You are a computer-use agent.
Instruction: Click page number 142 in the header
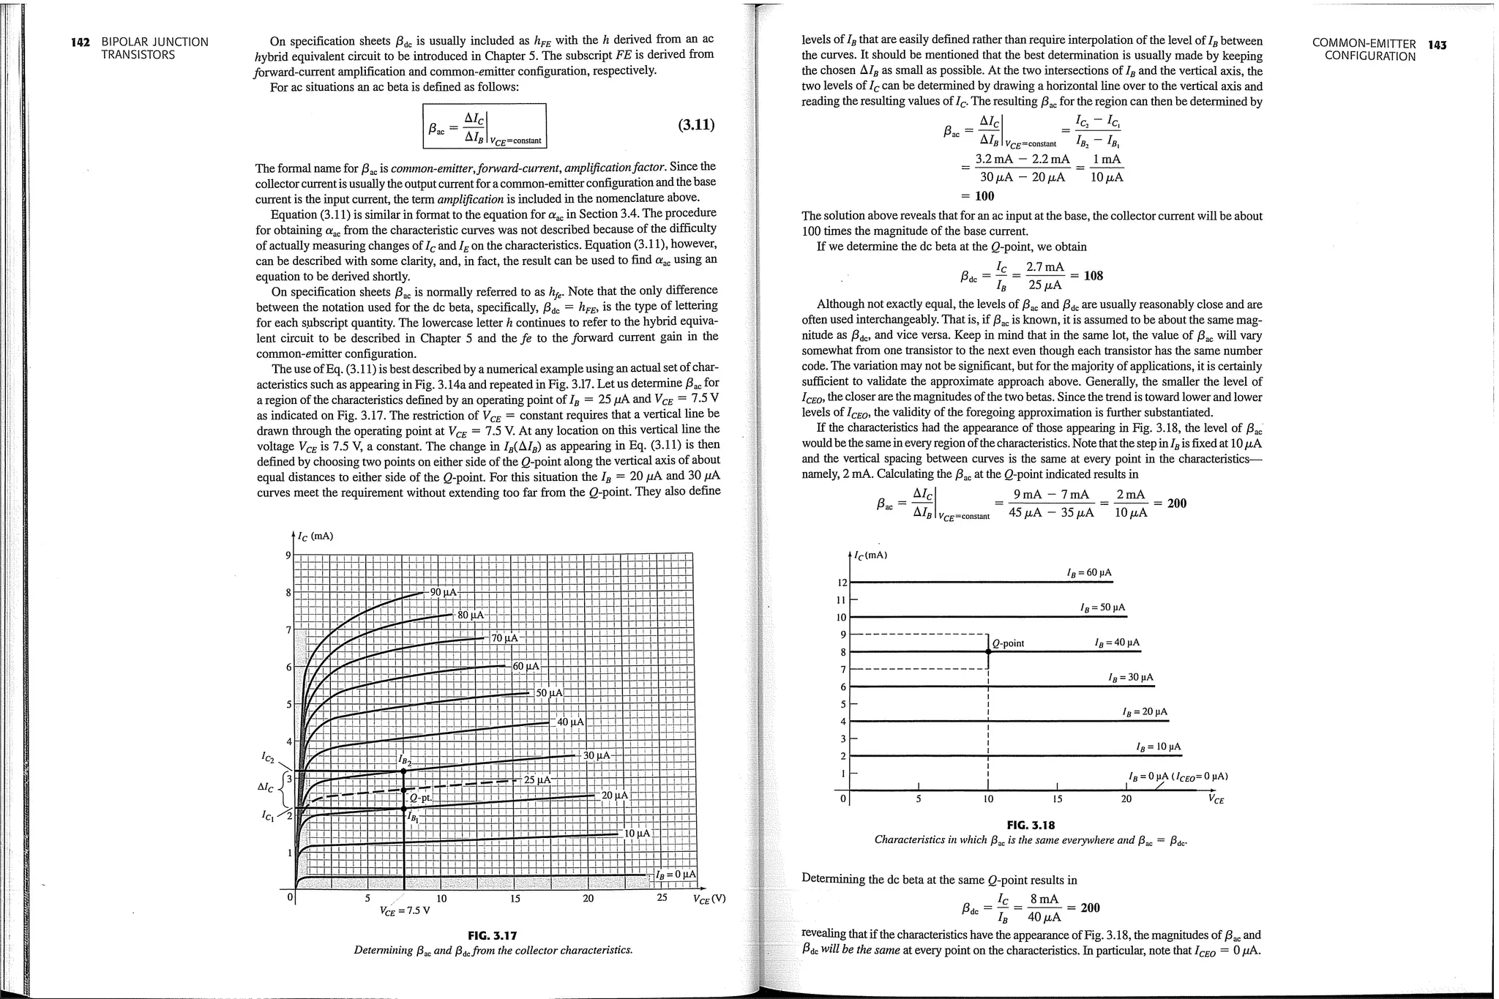click(x=80, y=42)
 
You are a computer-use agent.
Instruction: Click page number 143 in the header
click(x=1437, y=45)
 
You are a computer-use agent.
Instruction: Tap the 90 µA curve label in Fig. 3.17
click(x=444, y=592)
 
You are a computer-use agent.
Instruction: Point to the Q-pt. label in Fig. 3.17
click(x=420, y=798)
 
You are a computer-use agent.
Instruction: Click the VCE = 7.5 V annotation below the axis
click(x=405, y=911)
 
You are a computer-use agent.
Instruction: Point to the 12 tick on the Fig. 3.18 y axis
click(x=842, y=583)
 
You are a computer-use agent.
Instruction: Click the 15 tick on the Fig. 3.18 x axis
click(x=1057, y=799)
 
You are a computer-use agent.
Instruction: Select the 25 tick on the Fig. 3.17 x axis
click(x=662, y=898)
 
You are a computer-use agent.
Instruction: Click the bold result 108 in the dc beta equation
click(x=1093, y=276)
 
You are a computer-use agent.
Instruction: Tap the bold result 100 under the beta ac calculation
click(x=984, y=196)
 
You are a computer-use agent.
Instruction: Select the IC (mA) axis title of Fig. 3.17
click(x=315, y=536)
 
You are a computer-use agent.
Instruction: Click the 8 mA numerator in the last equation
click(x=1044, y=899)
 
